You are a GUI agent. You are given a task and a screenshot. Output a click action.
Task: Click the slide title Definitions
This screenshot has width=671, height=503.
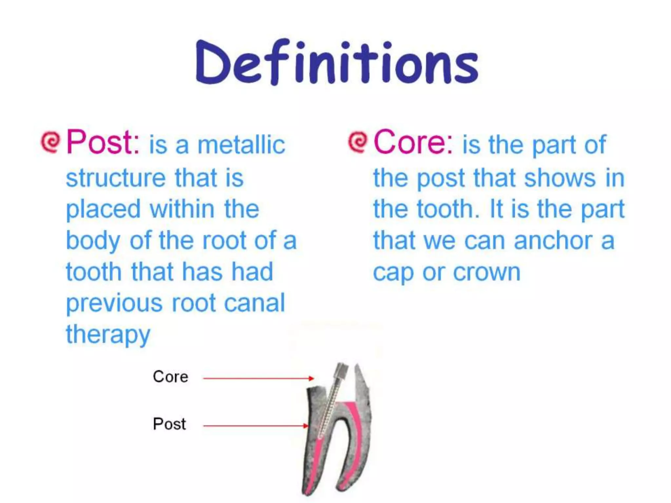coord(337,62)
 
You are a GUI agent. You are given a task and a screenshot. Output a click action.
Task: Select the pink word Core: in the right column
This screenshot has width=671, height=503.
coord(413,142)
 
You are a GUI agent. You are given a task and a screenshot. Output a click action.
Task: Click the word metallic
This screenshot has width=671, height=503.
coord(241,145)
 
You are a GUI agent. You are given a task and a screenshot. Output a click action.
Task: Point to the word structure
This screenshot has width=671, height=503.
coord(116,178)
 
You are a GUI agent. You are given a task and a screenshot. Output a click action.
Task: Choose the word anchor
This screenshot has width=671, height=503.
coord(553,241)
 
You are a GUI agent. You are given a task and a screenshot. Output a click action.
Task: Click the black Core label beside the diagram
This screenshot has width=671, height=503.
coord(170,377)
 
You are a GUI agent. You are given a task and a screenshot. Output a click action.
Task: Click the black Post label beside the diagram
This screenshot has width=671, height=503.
coord(169,424)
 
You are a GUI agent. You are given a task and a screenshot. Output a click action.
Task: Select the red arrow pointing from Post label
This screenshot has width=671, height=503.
coord(256,426)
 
